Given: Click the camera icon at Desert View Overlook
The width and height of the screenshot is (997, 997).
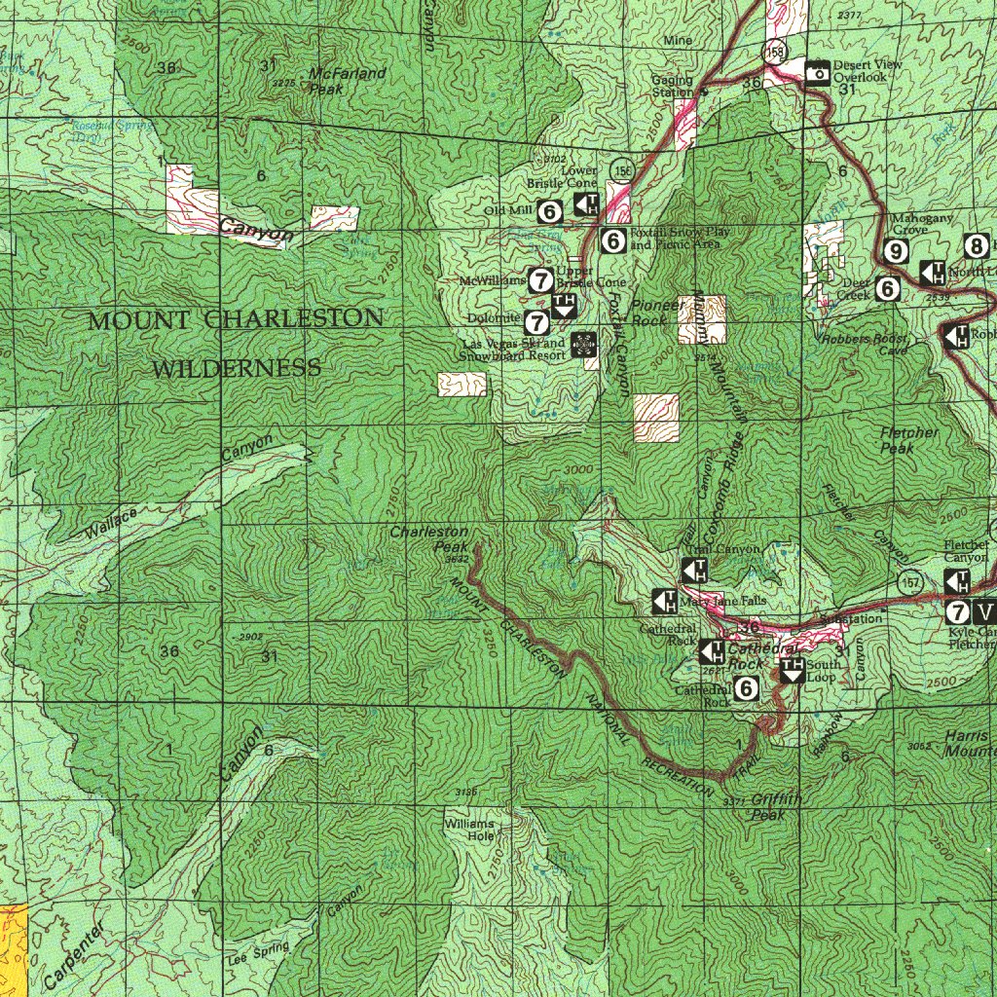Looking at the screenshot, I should click(x=818, y=72).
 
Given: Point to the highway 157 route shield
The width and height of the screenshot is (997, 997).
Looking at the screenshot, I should click(x=912, y=580).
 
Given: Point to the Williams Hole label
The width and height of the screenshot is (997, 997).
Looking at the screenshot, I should click(x=469, y=830).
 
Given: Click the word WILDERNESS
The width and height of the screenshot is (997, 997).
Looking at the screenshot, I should click(x=237, y=368).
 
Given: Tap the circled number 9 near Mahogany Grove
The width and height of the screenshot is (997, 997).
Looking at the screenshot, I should click(x=897, y=251).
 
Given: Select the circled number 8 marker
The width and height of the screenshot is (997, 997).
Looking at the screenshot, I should click(x=977, y=245).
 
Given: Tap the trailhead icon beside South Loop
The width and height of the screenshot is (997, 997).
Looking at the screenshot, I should click(x=792, y=669).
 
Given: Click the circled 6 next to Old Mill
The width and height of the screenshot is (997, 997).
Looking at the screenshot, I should click(x=550, y=210).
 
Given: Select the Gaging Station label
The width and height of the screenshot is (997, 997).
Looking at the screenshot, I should click(x=673, y=87).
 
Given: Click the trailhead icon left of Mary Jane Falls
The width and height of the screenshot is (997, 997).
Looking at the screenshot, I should click(x=665, y=602).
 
